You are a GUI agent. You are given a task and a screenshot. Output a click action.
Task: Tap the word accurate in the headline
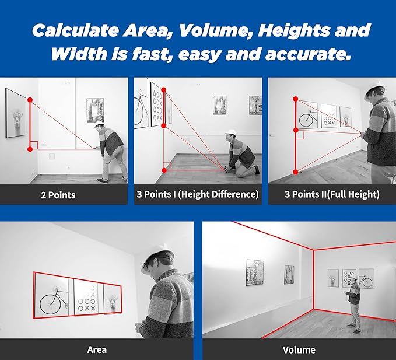click(x=308, y=54)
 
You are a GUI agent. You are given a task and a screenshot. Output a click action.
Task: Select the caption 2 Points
click(x=58, y=195)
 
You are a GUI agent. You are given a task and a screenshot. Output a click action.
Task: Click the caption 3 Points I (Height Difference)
click(x=198, y=194)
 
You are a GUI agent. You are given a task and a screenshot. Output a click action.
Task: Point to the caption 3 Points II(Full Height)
click(x=332, y=194)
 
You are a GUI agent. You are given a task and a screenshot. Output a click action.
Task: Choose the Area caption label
click(x=97, y=350)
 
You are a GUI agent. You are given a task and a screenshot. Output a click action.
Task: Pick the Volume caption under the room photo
click(x=299, y=350)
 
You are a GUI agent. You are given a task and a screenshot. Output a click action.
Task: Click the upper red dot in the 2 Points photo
click(x=30, y=100)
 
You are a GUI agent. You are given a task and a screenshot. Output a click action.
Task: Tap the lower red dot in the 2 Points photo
click(x=30, y=149)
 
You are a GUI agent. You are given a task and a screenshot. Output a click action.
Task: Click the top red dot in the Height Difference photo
click(x=164, y=90)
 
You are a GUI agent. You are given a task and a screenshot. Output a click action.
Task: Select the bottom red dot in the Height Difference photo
click(x=164, y=170)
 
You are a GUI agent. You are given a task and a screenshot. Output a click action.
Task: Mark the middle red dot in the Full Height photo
click(x=296, y=130)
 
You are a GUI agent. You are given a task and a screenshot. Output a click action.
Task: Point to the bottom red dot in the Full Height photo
click(x=296, y=172)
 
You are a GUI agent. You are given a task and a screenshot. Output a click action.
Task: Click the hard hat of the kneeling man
click(x=230, y=132)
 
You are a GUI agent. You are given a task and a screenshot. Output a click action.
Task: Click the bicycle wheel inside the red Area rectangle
click(x=50, y=304)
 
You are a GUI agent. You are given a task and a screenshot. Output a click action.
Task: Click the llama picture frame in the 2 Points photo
click(x=16, y=113)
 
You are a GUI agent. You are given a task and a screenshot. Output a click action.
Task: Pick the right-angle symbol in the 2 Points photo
click(x=34, y=145)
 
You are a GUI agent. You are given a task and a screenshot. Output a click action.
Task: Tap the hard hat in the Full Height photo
click(x=375, y=88)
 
